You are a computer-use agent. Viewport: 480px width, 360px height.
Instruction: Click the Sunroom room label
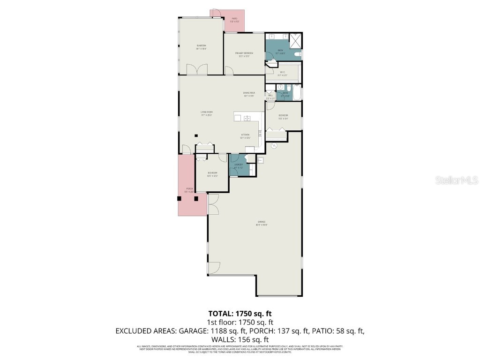[201, 47]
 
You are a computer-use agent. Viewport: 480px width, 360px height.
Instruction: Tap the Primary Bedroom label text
[244, 54]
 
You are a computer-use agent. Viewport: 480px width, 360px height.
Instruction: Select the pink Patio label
[234, 21]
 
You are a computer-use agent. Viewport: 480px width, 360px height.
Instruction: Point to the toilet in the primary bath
[297, 55]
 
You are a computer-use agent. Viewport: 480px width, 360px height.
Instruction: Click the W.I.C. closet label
[282, 74]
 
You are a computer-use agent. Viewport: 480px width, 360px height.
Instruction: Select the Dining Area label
[249, 94]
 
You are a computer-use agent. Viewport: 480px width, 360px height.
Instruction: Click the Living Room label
[207, 113]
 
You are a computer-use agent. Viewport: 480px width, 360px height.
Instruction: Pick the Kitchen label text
[245, 136]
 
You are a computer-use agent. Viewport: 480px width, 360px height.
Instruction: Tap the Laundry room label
[238, 166]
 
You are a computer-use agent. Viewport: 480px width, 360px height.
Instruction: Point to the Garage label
[261, 223]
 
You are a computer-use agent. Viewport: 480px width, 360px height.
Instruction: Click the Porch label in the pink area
[189, 190]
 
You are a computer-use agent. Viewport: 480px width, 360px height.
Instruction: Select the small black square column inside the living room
[196, 136]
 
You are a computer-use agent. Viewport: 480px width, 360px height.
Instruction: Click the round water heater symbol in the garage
[276, 146]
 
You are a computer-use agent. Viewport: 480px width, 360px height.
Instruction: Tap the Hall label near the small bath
[270, 97]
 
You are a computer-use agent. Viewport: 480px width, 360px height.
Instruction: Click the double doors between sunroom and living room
[197, 70]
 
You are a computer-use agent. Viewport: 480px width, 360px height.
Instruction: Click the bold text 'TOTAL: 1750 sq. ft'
[240, 314]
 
